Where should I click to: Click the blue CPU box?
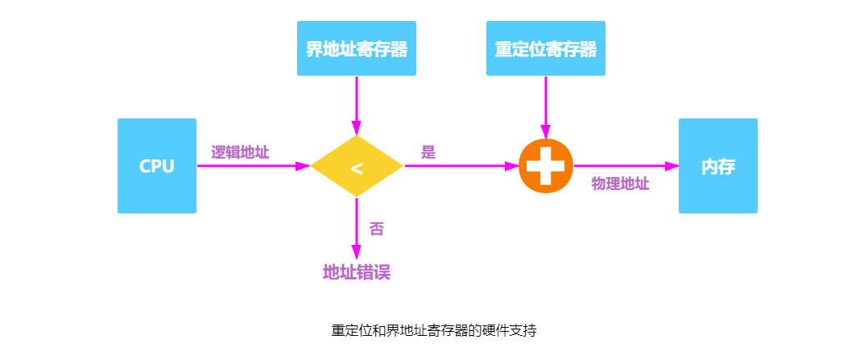click(157, 166)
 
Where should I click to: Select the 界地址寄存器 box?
click(357, 48)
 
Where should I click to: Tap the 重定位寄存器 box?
click(546, 48)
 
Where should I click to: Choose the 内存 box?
click(718, 166)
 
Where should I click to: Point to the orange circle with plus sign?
click(546, 166)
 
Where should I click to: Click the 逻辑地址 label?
click(240, 152)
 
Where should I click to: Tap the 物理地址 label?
click(621, 184)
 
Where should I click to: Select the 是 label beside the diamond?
click(428, 152)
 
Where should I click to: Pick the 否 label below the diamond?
click(377, 229)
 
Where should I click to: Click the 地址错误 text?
click(357, 272)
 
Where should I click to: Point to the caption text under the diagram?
click(434, 331)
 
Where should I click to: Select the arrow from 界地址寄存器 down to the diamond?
click(357, 105)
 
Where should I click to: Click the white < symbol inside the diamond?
click(357, 169)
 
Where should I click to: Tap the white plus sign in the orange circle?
click(546, 166)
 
